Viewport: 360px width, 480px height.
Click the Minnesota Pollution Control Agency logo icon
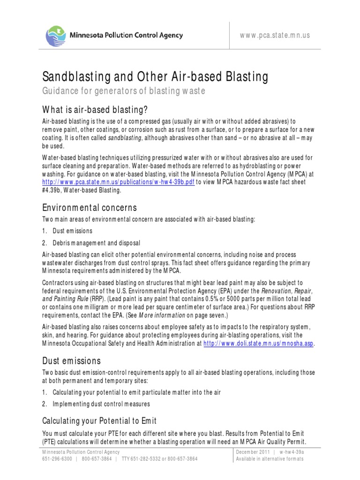(57, 35)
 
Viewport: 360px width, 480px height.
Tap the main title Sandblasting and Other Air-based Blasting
(156, 76)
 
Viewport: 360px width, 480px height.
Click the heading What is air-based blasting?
(95, 110)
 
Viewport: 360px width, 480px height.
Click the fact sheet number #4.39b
(52, 190)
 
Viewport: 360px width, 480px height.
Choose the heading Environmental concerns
(90, 208)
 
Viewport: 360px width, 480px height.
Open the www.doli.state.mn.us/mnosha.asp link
(258, 344)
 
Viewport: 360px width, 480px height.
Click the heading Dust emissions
(71, 361)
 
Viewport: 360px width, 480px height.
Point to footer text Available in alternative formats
(270, 458)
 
